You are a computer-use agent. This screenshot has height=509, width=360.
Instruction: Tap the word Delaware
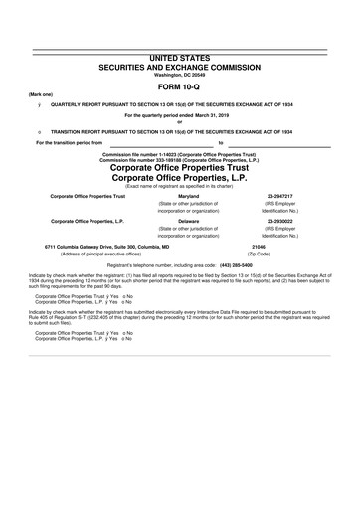(188, 220)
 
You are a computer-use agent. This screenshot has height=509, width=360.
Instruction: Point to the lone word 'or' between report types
(180, 122)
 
